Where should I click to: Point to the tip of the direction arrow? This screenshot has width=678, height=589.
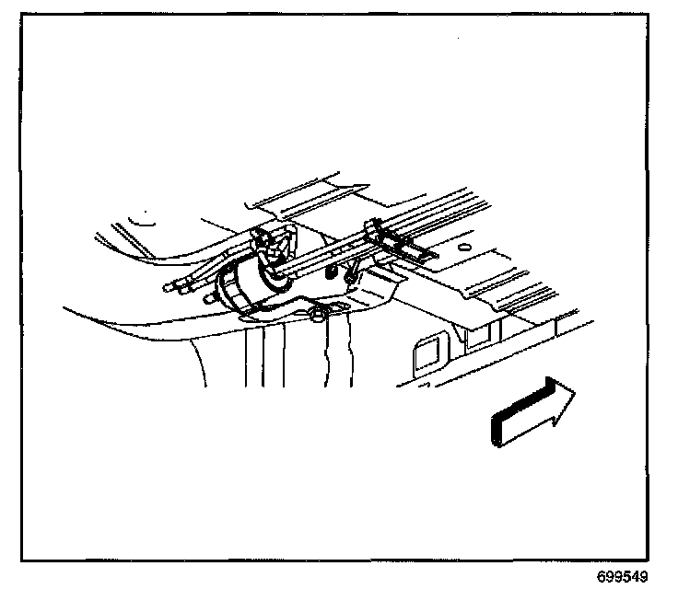coord(576,394)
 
